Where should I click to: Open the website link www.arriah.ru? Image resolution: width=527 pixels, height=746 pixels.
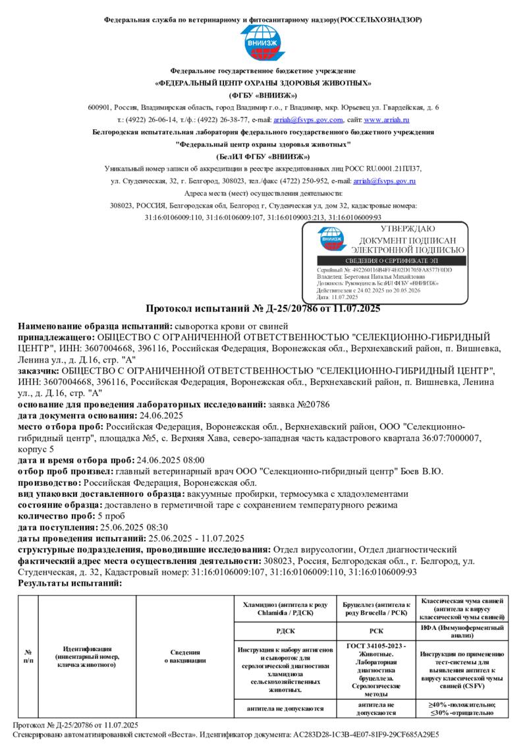tap(387, 120)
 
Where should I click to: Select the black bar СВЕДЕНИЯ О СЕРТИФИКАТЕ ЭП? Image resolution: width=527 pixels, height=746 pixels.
tap(391, 261)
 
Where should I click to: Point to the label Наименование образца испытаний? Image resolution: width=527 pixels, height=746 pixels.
tap(94, 326)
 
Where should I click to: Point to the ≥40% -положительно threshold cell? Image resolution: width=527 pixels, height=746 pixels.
tap(462, 705)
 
